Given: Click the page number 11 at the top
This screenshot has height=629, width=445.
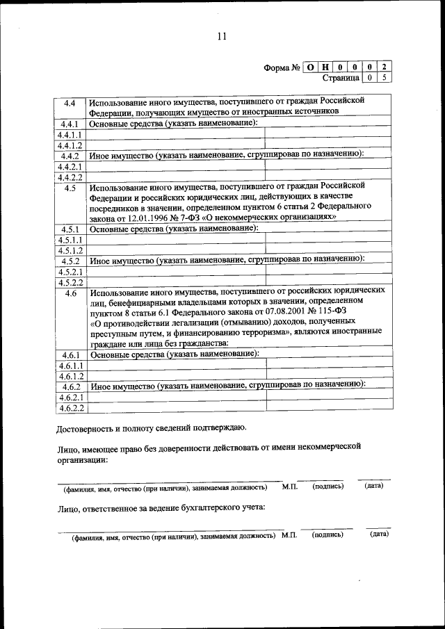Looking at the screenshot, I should (x=222, y=37).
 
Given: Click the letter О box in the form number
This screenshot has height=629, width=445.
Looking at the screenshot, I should (x=310, y=67).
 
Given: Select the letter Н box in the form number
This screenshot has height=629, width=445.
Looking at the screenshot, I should (x=325, y=67).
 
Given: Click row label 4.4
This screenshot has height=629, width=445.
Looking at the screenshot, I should (x=70, y=104).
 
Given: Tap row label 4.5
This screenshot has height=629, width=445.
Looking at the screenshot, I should (x=70, y=188).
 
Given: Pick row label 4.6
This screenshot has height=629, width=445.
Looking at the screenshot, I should (x=70, y=293).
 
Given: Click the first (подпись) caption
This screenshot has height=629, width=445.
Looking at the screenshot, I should (x=328, y=487).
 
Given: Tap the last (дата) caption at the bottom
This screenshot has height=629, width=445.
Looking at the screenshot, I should (x=379, y=534).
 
